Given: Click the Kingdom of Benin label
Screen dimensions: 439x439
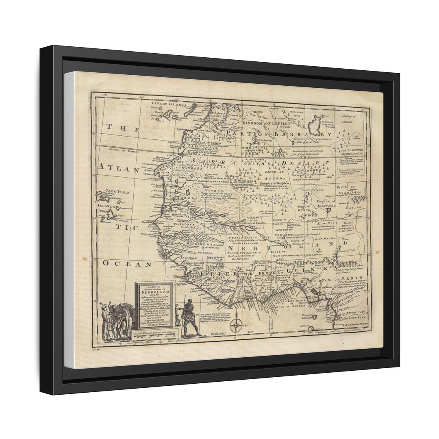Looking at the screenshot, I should pos(331,280).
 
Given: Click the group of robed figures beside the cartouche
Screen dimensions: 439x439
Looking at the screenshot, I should pos(115,321).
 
